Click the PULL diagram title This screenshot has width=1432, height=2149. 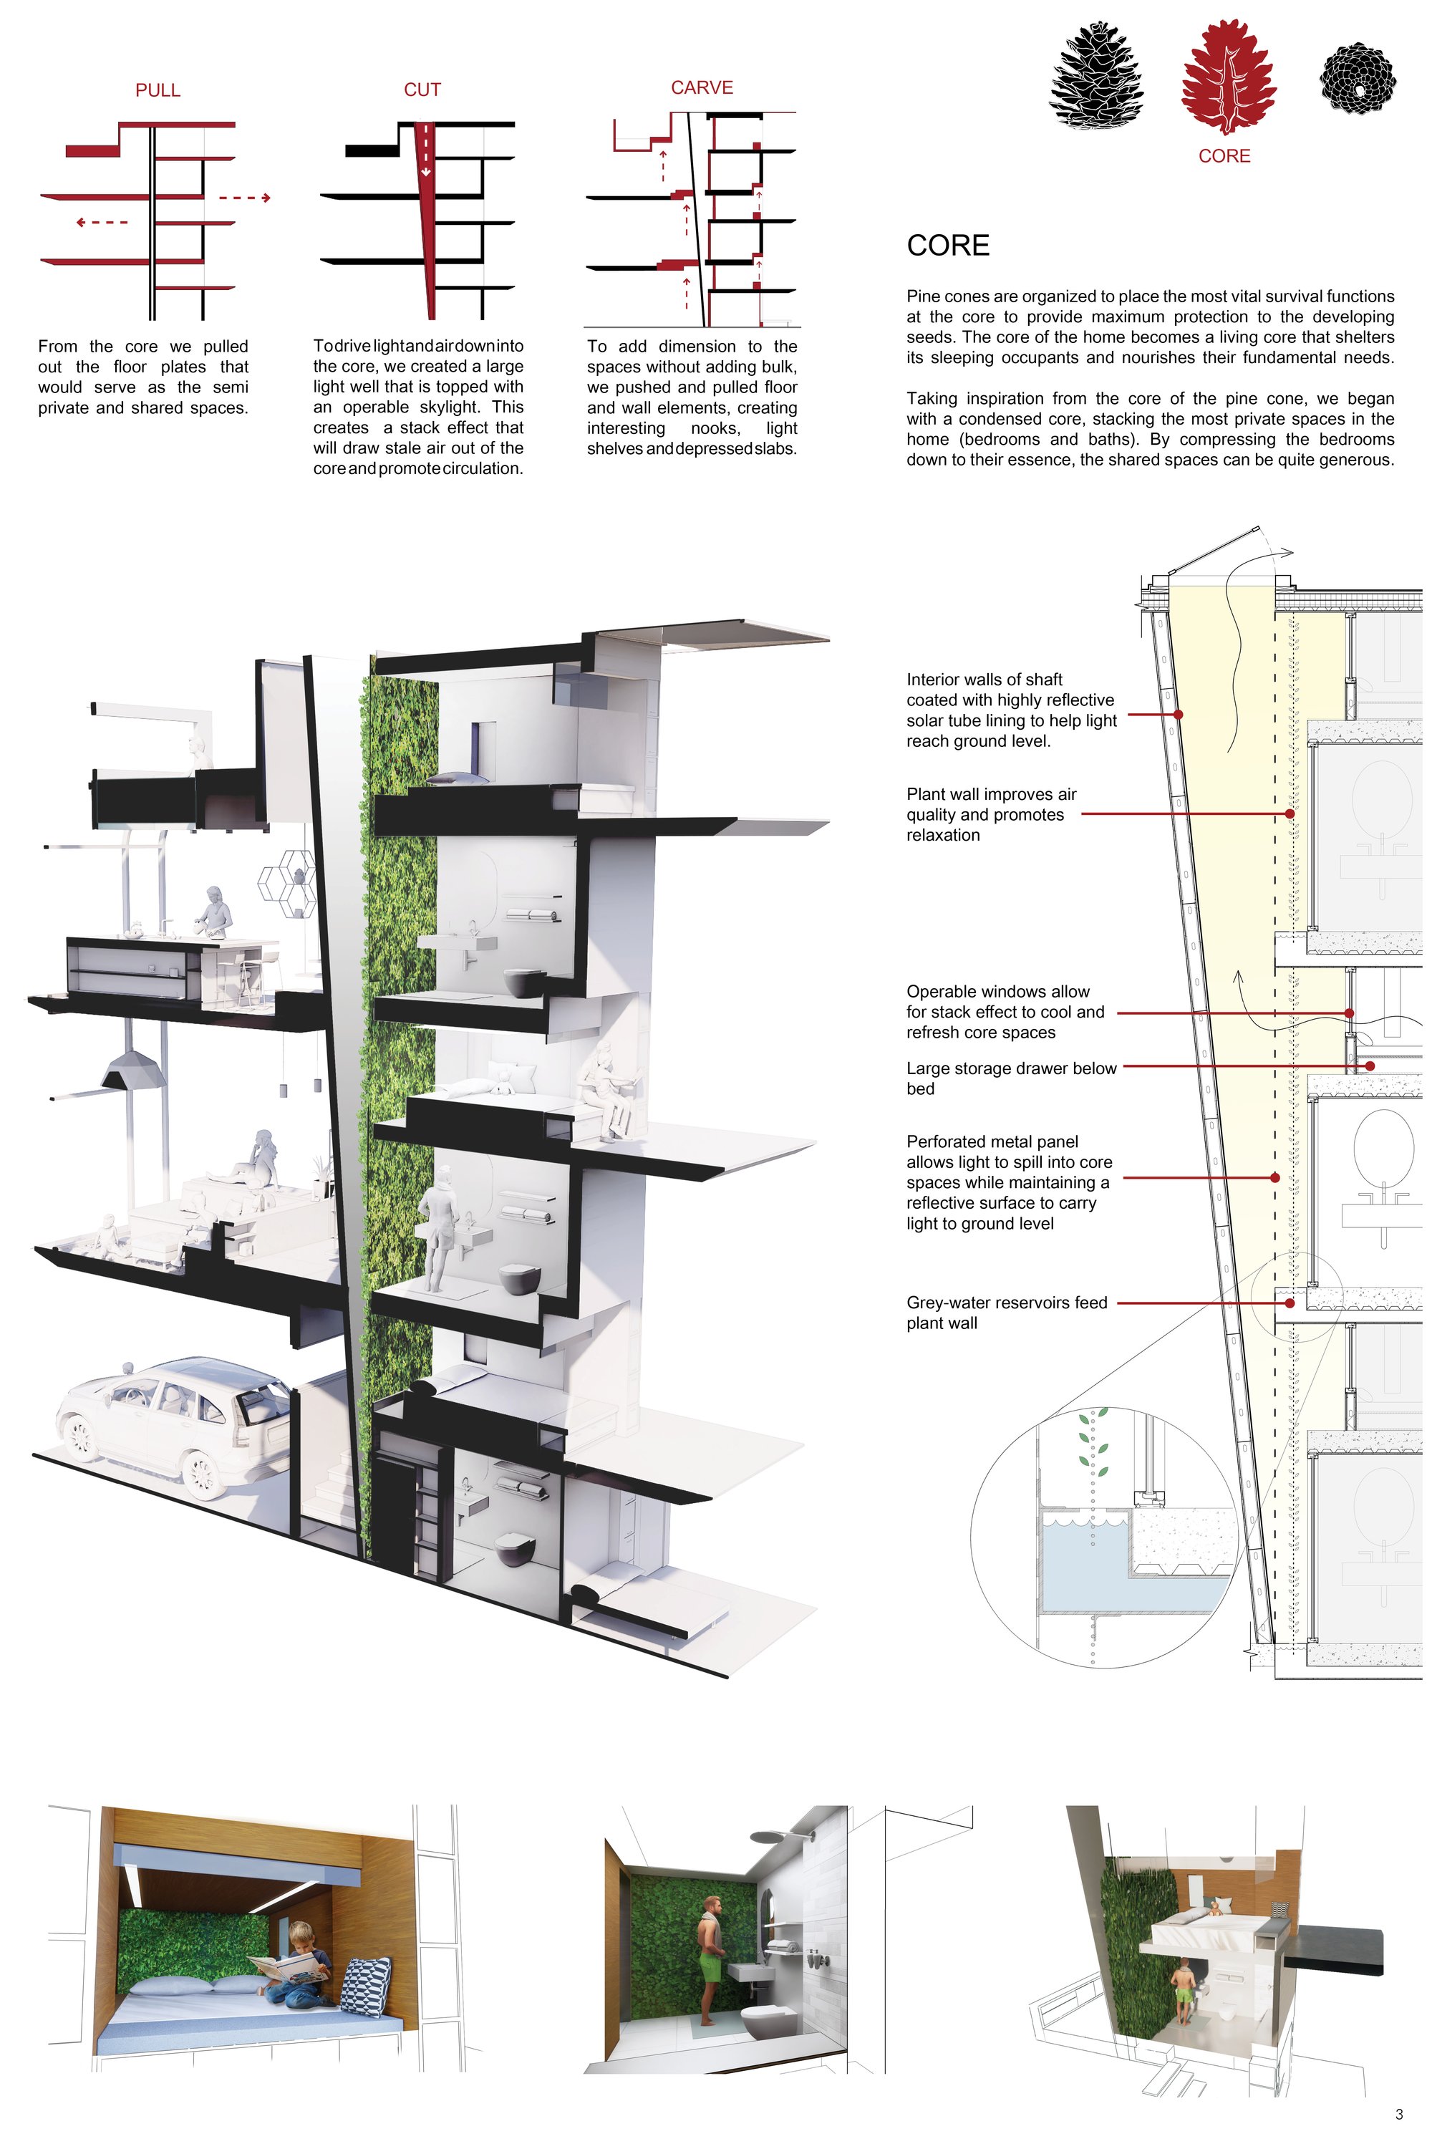click(x=158, y=90)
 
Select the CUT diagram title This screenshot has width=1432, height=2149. click(x=422, y=90)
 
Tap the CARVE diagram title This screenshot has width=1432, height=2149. click(x=702, y=87)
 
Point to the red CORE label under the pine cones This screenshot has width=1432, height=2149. click(x=1224, y=156)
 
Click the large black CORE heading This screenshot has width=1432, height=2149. click(x=948, y=246)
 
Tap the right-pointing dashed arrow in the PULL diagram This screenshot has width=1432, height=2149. click(x=245, y=197)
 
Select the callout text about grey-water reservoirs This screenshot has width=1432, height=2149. click(x=1007, y=1313)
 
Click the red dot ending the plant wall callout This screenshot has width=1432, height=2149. click(x=1290, y=813)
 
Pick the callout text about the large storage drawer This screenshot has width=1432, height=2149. click(x=1011, y=1078)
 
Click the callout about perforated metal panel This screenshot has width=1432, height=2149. click(x=1009, y=1183)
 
